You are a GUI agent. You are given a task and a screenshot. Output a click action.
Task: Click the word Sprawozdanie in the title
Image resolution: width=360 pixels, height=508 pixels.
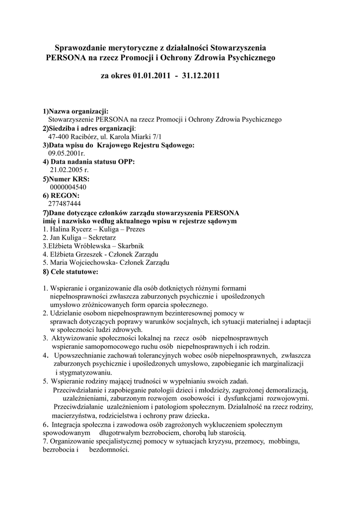pyautogui.click(x=80, y=48)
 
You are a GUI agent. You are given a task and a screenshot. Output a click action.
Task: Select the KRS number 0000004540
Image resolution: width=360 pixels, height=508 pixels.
pyautogui.click(x=68, y=187)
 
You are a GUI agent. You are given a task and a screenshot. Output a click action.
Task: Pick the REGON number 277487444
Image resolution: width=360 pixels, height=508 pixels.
pyautogui.click(x=65, y=203)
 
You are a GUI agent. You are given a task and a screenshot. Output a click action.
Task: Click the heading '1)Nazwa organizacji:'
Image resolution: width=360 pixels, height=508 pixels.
pyautogui.click(x=75, y=111)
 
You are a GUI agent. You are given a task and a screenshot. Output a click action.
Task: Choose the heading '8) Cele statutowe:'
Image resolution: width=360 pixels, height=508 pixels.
pyautogui.click(x=71, y=272)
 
